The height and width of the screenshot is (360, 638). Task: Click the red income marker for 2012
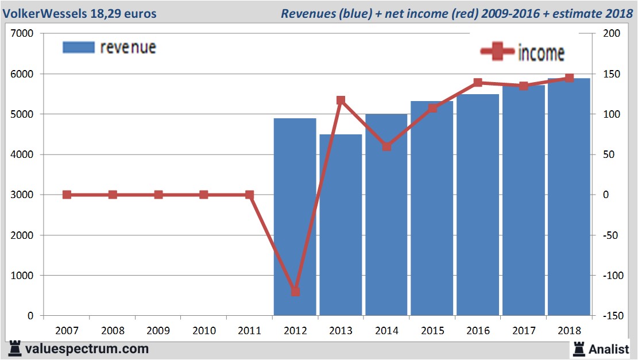point(295,292)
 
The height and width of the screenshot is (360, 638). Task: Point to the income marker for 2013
point(341,100)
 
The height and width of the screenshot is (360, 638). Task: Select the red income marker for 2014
point(386,146)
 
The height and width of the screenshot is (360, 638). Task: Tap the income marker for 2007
point(67,195)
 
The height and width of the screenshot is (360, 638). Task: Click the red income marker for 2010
point(204,195)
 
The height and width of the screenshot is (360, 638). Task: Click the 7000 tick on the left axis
point(23,34)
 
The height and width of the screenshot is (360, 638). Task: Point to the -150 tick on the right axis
point(611,316)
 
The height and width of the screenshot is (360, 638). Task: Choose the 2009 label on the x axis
point(158,331)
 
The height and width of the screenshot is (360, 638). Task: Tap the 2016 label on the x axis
point(478,331)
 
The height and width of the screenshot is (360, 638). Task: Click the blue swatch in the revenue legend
point(78,47)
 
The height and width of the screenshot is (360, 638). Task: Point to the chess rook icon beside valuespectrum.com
point(16,348)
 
